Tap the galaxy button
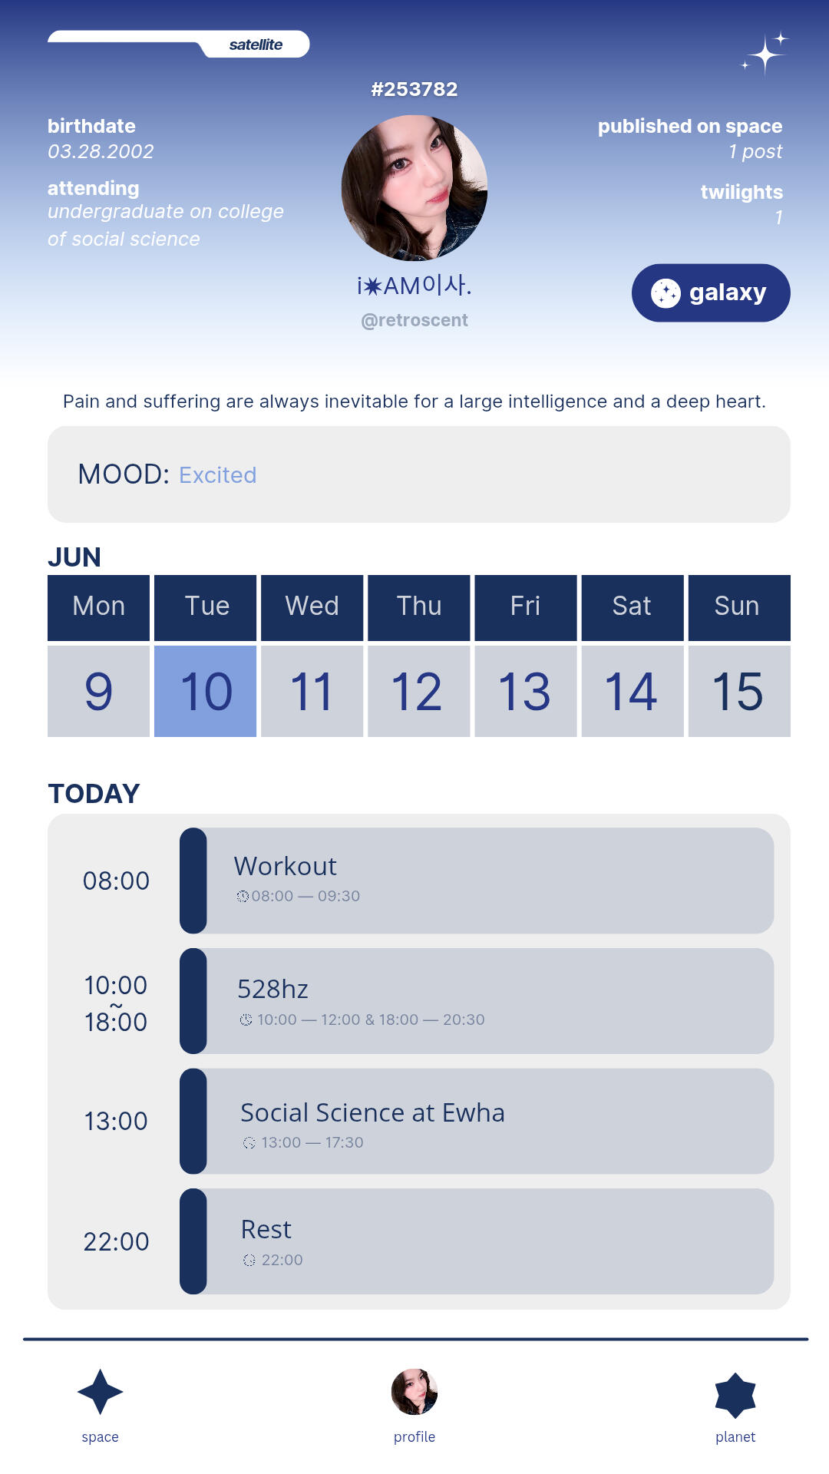pos(711,292)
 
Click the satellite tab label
pos(256,45)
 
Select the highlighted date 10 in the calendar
pos(206,691)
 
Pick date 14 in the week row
pos(632,691)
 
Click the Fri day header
pos(526,607)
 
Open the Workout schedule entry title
pos(286,866)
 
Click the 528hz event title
pos(272,989)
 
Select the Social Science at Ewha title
pos(372,1112)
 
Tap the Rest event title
pos(266,1229)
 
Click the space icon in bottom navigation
pos(101,1392)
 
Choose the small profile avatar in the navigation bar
pos(414,1391)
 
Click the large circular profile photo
pos(414,188)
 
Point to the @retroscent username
pos(414,320)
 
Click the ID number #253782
pos(414,89)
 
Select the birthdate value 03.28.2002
pos(101,151)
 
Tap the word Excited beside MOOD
pos(218,475)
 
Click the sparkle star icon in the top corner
pos(765,53)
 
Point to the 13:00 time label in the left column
pos(116,1121)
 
